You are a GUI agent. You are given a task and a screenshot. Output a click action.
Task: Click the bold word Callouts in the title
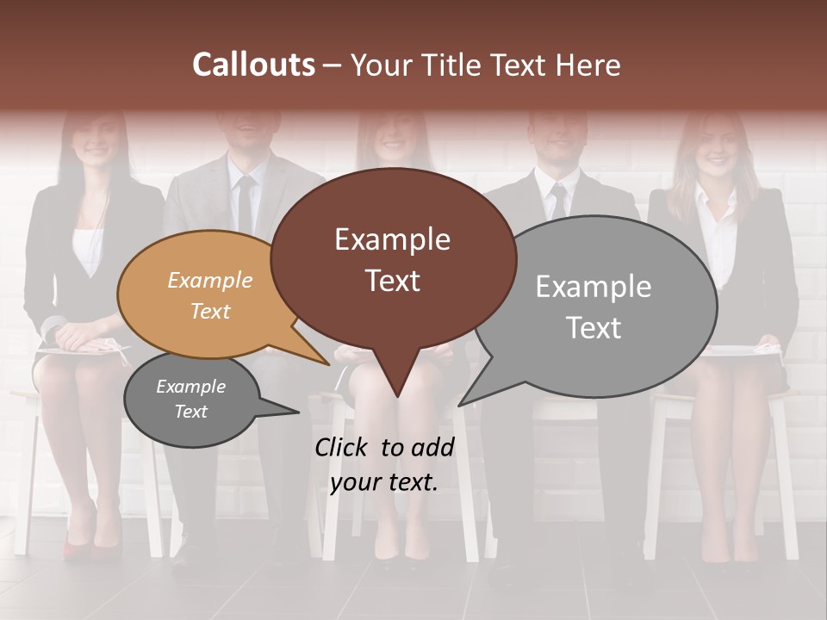point(253,65)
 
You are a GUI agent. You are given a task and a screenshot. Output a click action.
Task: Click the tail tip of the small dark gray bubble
point(298,412)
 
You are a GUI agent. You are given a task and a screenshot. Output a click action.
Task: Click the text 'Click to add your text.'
point(384,464)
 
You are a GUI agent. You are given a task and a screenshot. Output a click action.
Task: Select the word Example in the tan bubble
point(210,280)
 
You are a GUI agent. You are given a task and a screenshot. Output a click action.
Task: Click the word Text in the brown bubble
point(393,281)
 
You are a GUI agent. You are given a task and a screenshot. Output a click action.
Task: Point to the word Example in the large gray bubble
point(594,287)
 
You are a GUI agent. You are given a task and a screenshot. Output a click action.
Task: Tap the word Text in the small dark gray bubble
point(191,412)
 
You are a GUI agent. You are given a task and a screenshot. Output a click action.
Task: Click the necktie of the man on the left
point(246,207)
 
